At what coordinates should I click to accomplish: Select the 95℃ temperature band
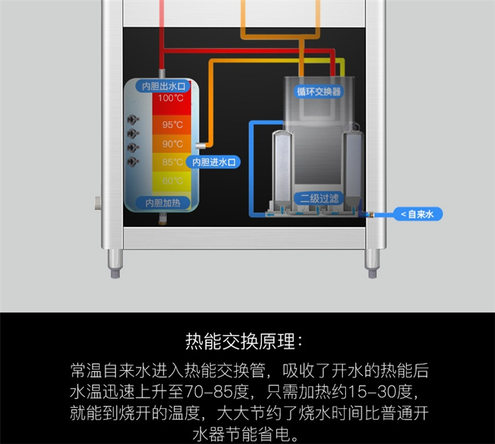click(x=171, y=125)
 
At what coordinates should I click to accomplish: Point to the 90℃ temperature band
click(x=171, y=143)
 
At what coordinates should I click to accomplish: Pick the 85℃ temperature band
click(x=171, y=162)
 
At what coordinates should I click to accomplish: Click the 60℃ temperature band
click(x=171, y=181)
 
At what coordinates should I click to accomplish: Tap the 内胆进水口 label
click(x=214, y=162)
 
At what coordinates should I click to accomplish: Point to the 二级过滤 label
click(x=319, y=197)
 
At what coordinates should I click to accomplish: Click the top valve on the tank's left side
click(x=133, y=120)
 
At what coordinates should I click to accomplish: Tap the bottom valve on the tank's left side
click(x=133, y=161)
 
